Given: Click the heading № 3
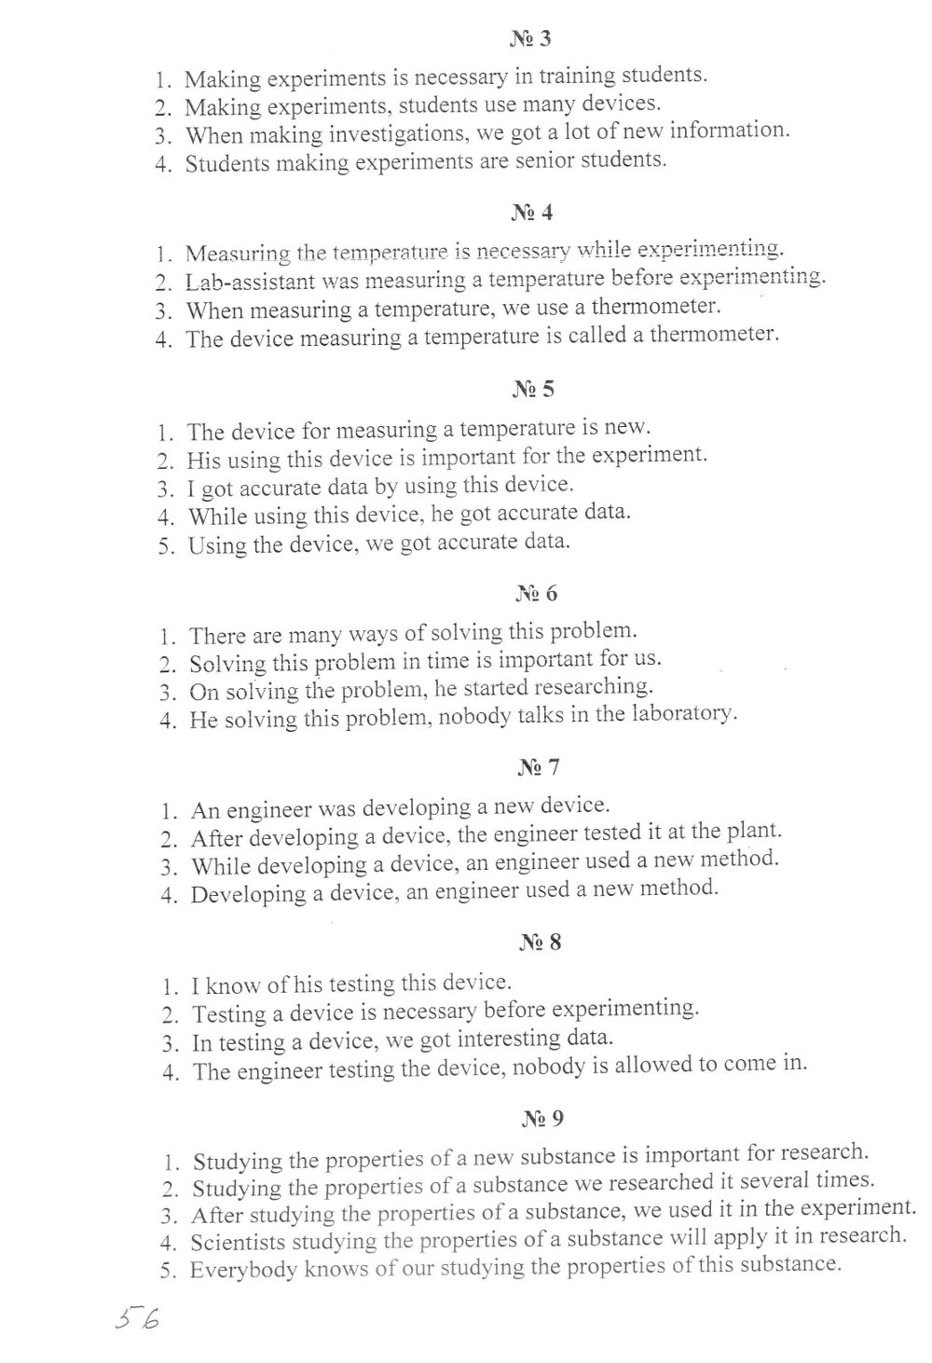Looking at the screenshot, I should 530,39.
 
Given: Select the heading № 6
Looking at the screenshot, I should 536,593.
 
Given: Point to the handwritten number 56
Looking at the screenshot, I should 136,1320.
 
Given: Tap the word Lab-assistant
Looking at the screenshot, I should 245,282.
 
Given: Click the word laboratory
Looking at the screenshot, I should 681,714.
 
